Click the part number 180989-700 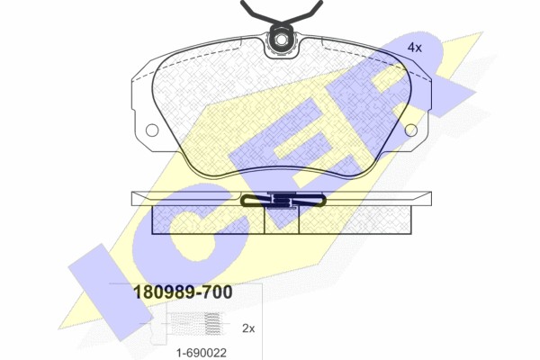(183, 292)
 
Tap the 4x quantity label (415, 48)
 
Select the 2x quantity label (248, 328)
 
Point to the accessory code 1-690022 (202, 353)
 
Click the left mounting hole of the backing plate (152, 130)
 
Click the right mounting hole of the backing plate (411, 130)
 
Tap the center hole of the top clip (281, 40)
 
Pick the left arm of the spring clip (259, 11)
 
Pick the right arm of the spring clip (304, 11)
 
